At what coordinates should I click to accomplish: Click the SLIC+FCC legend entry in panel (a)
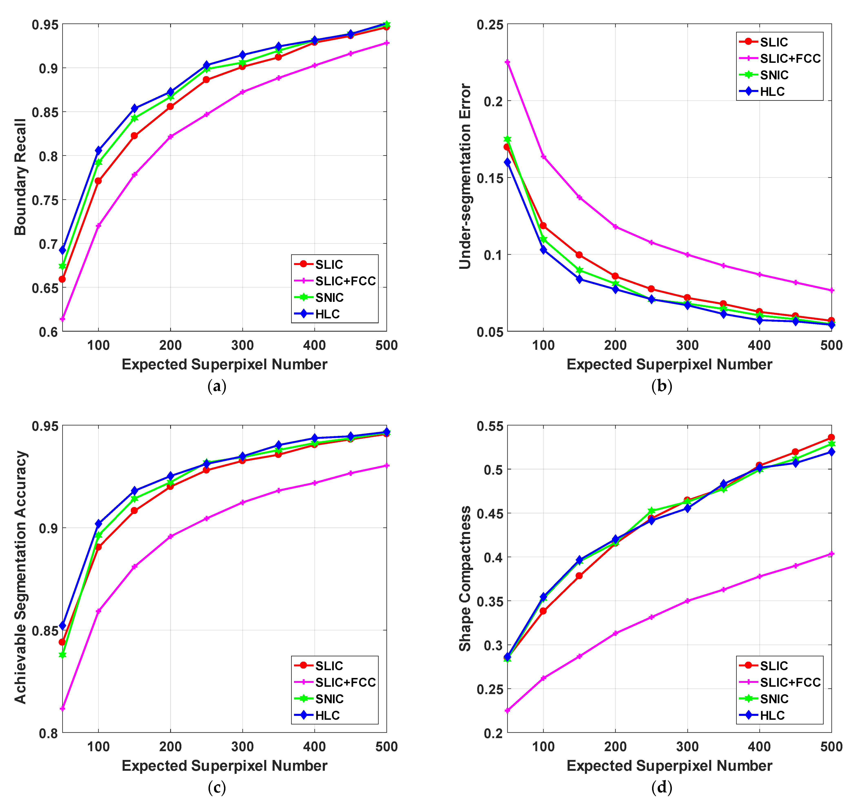click(345, 281)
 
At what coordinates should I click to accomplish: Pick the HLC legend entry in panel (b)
click(772, 92)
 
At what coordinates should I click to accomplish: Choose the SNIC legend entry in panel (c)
click(329, 699)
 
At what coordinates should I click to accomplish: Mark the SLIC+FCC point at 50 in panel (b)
click(507, 62)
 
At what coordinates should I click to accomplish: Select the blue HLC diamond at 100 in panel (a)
click(99, 151)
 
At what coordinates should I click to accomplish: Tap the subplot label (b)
click(661, 386)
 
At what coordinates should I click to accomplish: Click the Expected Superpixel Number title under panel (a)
click(224, 365)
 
